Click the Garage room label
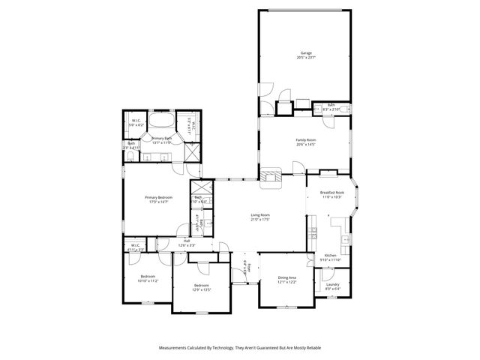tap(306, 53)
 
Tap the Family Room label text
tap(305, 140)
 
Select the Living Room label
tap(260, 215)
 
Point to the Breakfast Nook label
tap(331, 193)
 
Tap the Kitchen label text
tap(331, 255)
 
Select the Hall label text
tap(186, 241)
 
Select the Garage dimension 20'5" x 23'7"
tap(306, 58)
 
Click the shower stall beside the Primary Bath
tap(191, 154)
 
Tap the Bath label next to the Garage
tap(331, 105)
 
